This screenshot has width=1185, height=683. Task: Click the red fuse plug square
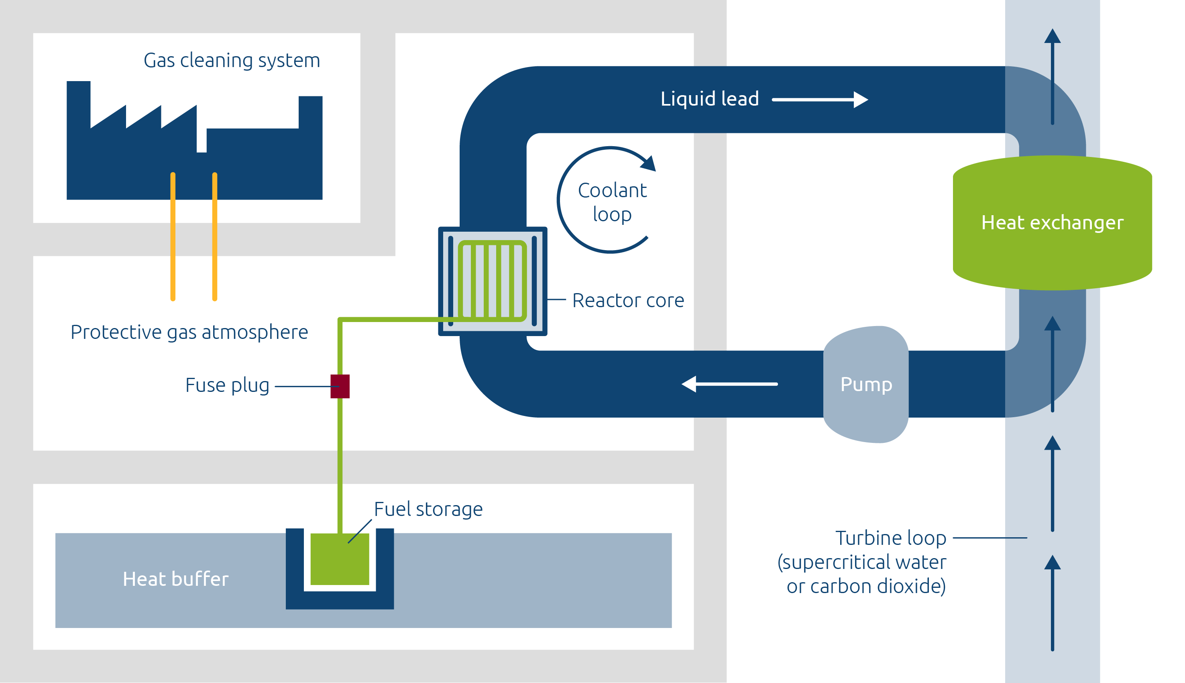pos(340,386)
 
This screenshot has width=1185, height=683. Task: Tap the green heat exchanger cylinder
pos(1052,223)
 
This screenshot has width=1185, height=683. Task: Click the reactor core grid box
pos(493,281)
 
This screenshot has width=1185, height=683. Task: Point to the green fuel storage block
pos(340,559)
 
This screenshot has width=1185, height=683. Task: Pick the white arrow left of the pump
pos(729,384)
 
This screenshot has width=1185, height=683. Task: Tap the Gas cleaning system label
pos(232,61)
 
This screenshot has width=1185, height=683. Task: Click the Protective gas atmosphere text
pos(189,332)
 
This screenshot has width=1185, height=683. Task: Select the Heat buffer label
pos(175,579)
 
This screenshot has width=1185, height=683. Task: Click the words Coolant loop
pos(612,202)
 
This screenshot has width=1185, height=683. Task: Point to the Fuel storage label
pos(428,509)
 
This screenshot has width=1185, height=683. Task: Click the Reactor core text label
pos(627,300)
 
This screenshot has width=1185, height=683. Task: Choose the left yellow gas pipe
pos(173,237)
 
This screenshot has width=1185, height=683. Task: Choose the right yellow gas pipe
pos(215,237)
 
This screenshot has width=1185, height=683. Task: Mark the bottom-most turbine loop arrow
pos(1052,603)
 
